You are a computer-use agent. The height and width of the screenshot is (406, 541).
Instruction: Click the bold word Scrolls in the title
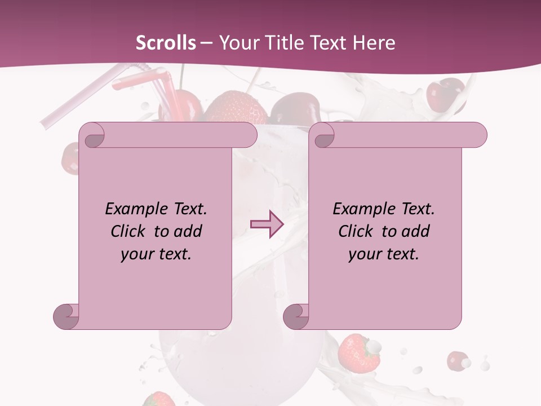[166, 43]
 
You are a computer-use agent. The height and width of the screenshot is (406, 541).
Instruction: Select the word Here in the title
[374, 43]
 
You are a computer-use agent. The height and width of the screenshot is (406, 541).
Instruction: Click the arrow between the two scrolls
[267, 224]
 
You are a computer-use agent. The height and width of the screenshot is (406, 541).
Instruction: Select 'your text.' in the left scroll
[156, 254]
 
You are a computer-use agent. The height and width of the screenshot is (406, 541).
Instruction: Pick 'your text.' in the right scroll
[384, 254]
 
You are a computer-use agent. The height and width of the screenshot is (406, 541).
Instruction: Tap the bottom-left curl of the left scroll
[66, 316]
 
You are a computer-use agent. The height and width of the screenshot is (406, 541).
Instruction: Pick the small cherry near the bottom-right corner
[458, 360]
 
